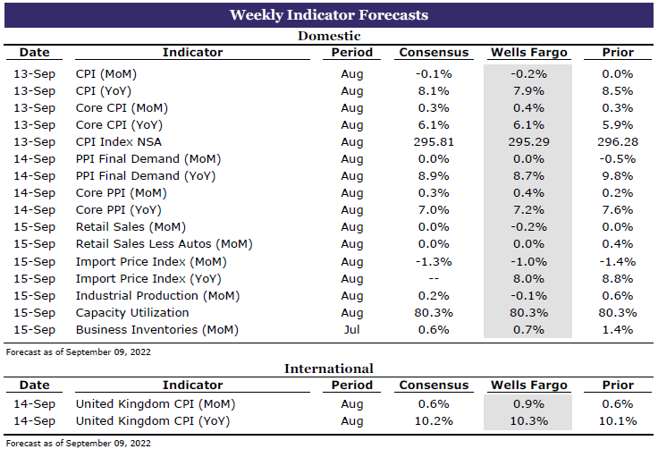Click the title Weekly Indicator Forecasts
point(328,15)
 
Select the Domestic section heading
point(328,37)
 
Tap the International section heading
point(328,369)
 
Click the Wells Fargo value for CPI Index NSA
point(528,142)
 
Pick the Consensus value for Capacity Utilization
point(434,313)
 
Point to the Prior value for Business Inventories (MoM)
point(618,330)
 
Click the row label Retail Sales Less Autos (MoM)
point(164,244)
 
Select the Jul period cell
point(352,330)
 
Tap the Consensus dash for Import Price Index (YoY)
point(434,279)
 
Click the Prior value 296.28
point(618,142)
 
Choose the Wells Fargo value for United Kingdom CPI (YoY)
point(528,420)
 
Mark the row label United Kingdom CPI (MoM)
point(148,403)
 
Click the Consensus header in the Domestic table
point(434,53)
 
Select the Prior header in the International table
point(618,385)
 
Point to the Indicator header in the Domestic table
point(192,53)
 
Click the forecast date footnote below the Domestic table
point(78,352)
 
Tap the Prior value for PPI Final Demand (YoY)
point(618,176)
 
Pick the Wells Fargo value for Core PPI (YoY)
point(528,210)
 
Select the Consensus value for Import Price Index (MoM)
point(434,262)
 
